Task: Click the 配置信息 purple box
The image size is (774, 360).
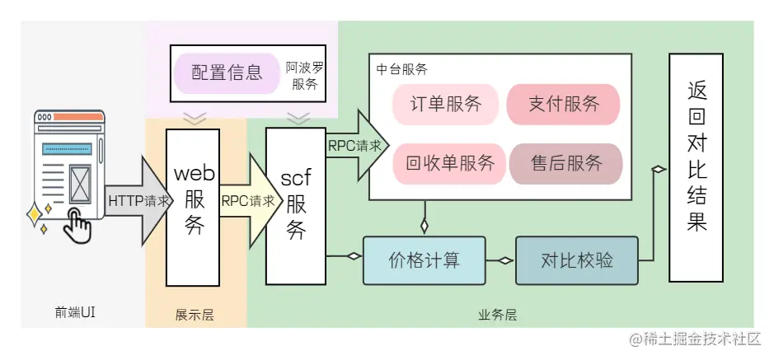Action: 227,72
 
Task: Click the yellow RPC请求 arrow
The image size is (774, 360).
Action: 246,200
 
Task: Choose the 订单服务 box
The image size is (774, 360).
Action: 446,105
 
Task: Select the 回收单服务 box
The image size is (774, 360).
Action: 449,162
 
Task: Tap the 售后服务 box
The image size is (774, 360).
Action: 566,162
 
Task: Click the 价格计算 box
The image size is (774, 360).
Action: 424,259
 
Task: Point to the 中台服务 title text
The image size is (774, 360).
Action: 401,70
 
